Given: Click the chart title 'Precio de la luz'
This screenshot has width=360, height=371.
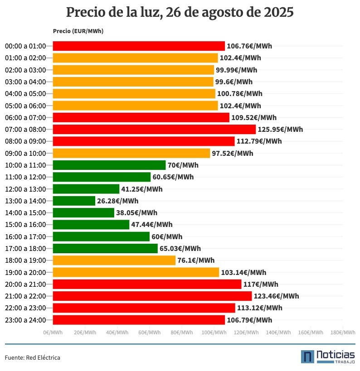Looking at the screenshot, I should pyautogui.click(x=180, y=12).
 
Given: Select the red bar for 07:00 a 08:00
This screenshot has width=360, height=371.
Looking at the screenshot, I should pyautogui.click(x=154, y=130).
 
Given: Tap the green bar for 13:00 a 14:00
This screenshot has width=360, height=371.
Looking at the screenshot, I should pyautogui.click(x=74, y=201).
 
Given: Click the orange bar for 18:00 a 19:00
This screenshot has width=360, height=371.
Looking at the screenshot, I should pyautogui.click(x=114, y=260).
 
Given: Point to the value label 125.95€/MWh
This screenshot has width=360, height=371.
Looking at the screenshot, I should pyautogui.click(x=280, y=130).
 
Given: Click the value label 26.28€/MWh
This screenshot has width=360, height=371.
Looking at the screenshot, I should pyautogui.click(x=117, y=201).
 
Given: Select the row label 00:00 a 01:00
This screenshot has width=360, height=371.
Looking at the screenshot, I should pyautogui.click(x=25, y=46).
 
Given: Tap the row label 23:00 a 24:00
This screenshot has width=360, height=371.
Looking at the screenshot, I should pyautogui.click(x=25, y=320).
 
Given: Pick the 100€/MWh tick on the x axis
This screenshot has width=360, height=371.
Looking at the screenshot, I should pyautogui.click(x=214, y=332).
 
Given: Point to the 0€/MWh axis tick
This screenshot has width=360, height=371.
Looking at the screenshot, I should pyautogui.click(x=53, y=332).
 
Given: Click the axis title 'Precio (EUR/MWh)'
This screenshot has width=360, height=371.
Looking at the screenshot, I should pyautogui.click(x=78, y=31).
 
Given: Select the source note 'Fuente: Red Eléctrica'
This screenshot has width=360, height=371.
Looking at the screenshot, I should pyautogui.click(x=33, y=358).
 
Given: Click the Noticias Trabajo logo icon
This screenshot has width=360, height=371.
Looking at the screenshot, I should pyautogui.click(x=307, y=357).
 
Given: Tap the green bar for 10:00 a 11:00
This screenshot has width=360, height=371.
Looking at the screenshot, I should pyautogui.click(x=109, y=165).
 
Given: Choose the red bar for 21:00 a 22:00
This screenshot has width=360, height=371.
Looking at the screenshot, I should pyautogui.click(x=152, y=296).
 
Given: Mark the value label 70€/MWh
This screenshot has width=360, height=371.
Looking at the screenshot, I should pyautogui.click(x=183, y=165).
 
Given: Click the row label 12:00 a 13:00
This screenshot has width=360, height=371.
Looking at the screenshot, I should pyautogui.click(x=25, y=189).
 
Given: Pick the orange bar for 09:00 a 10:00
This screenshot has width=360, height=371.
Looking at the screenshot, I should pyautogui.click(x=131, y=154).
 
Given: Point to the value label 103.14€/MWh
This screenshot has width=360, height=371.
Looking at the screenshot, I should pyautogui.click(x=243, y=273).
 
